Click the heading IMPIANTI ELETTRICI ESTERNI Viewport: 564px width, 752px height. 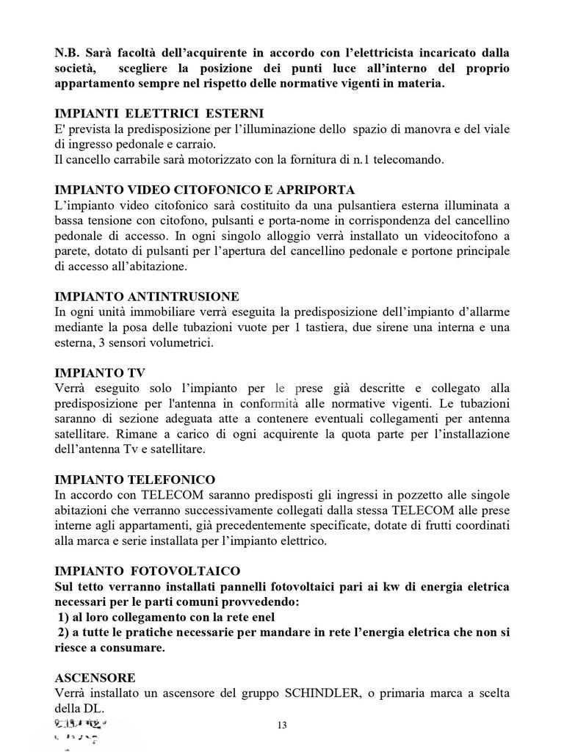159,114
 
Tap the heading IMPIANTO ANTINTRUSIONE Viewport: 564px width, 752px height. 147,297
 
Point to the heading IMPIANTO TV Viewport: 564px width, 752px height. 99,372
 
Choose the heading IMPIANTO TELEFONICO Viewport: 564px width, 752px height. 135,480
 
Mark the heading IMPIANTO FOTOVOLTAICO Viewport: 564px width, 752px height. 148,571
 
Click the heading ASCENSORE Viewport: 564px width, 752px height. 95,678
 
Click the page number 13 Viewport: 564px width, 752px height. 282,726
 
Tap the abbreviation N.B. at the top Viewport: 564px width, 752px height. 68,54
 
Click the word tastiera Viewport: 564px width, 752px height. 319,327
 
